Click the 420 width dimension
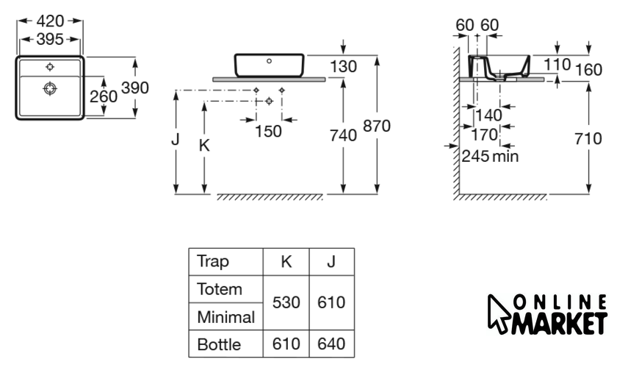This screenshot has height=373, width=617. [x=50, y=21]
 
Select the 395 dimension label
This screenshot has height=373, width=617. [x=50, y=38]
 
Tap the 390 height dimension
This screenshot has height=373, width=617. [x=135, y=88]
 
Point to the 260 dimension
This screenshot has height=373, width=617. [x=104, y=96]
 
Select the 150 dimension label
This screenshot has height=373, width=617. [x=269, y=131]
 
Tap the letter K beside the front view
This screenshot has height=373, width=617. [x=205, y=146]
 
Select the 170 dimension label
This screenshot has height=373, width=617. [x=484, y=135]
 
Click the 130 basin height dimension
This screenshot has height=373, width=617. [x=343, y=67]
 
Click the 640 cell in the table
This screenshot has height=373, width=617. [x=332, y=344]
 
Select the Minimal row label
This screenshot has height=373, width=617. [x=225, y=317]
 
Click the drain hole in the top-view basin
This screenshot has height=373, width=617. [x=50, y=89]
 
